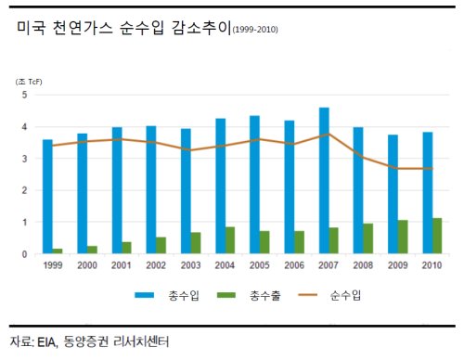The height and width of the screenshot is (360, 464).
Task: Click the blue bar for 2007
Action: click(324, 181)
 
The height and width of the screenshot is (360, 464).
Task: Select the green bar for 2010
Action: click(437, 236)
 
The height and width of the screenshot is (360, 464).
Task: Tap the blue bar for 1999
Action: click(47, 197)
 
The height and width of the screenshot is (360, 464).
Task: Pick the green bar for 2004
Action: click(230, 240)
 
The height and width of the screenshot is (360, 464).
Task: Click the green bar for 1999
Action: click(58, 251)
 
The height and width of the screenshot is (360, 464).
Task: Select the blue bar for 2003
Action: click(186, 191)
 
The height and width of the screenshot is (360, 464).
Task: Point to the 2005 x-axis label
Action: click(259, 265)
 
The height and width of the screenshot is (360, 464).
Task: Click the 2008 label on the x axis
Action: click(363, 265)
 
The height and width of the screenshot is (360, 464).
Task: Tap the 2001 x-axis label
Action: click(122, 265)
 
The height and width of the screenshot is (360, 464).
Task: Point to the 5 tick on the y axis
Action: click(24, 95)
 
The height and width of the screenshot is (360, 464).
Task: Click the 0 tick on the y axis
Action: click(24, 254)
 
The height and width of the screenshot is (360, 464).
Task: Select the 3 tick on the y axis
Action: click(24, 159)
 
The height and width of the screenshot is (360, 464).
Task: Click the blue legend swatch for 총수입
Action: click(144, 295)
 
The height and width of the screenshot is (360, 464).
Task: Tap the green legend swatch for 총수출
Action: click(226, 295)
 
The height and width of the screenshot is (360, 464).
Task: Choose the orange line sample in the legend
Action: click(307, 295)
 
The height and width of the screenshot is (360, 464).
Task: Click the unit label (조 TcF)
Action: click(29, 82)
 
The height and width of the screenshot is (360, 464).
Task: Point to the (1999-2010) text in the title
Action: click(255, 30)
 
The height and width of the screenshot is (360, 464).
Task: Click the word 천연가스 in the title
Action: click(83, 28)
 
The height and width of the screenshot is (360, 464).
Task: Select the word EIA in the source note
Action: click(47, 342)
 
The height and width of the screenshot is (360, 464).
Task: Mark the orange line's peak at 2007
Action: click(329, 134)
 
